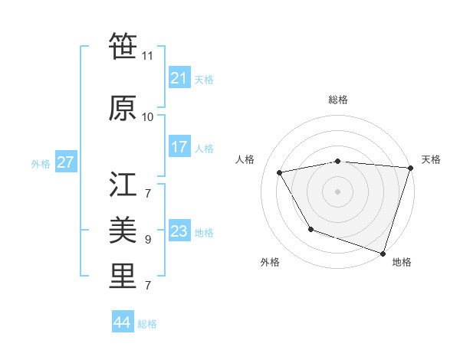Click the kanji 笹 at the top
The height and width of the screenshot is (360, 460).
coord(123,47)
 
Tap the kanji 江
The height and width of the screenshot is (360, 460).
coord(123,184)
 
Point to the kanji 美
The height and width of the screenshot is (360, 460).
coord(123,229)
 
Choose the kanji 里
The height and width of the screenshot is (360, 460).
coord(123,277)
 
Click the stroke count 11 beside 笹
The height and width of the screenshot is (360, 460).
coord(148,56)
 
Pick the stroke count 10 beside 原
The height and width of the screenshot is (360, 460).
coord(148,116)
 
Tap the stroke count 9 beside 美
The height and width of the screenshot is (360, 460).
coord(148,239)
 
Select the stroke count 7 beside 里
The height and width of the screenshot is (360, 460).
coord(148,286)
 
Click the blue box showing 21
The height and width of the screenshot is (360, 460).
coord(179,78)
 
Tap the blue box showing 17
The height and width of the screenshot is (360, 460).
coord(179,147)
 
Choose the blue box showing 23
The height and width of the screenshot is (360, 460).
coord(179,231)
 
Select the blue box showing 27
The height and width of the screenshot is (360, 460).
coord(65,162)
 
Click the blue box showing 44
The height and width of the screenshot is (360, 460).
coord(122,322)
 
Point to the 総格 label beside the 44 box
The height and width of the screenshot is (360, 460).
coord(147,324)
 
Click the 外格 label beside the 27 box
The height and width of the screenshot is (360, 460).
coord(41,163)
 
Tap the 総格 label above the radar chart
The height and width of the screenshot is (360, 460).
coord(338,100)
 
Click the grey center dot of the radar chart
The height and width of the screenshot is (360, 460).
coord(338,191)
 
